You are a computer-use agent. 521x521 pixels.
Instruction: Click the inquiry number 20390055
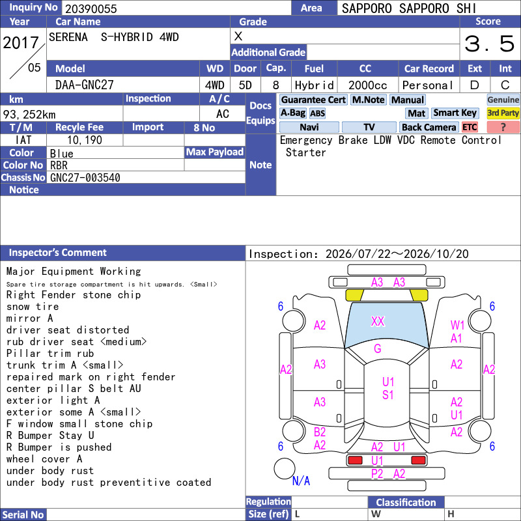click(x=91, y=8)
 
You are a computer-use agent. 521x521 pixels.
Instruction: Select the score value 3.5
click(x=489, y=44)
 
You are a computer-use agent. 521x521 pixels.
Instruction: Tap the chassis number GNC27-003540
click(x=85, y=178)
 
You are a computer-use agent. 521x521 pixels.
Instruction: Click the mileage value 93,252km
click(x=29, y=115)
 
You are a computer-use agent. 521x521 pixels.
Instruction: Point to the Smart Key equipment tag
click(x=455, y=113)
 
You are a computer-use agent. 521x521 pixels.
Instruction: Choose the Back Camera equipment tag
click(x=429, y=127)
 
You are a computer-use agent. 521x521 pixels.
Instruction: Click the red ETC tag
click(x=470, y=127)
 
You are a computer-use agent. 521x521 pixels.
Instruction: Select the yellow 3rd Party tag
click(x=503, y=113)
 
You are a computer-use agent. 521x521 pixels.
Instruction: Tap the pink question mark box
click(x=503, y=127)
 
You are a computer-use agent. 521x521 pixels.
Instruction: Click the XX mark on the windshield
click(x=378, y=321)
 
